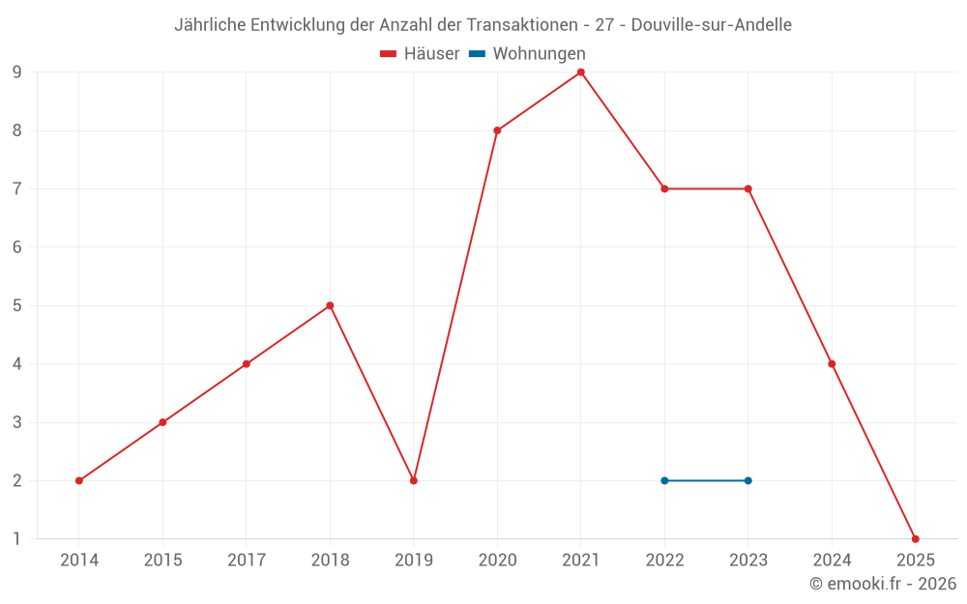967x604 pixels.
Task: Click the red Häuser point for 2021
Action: point(581,72)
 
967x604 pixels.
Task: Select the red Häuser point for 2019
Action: point(414,480)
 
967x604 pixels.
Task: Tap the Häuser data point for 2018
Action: point(330,305)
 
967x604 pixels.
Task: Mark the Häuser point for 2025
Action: point(915,538)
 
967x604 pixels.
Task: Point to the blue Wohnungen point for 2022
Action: point(664,480)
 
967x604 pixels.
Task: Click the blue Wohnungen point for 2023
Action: point(748,480)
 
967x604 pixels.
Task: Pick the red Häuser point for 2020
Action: point(497,130)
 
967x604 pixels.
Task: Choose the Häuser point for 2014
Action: point(79,480)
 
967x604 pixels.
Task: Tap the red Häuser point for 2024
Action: point(832,364)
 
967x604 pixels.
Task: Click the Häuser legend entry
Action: point(420,54)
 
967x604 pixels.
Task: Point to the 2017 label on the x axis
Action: point(247,560)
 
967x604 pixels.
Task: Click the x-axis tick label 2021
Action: point(581,560)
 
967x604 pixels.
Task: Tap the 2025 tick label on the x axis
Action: point(915,560)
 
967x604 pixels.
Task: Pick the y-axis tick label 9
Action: point(17,72)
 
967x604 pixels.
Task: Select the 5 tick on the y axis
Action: point(17,305)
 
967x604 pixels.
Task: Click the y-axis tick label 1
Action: point(17,538)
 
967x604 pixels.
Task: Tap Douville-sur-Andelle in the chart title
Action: point(711,25)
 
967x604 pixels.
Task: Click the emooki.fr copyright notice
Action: point(883,584)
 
